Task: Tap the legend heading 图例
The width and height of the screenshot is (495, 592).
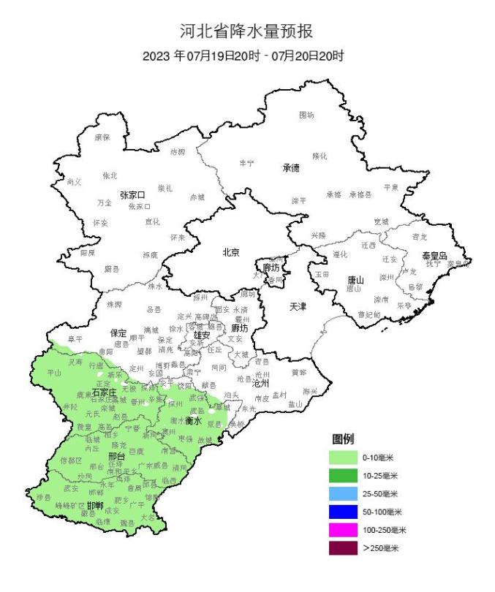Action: [343, 439]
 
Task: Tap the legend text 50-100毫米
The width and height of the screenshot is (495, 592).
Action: [382, 512]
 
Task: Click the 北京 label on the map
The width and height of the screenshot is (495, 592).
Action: [231, 253]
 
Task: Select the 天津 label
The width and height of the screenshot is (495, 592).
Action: [298, 306]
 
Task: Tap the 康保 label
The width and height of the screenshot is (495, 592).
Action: [102, 137]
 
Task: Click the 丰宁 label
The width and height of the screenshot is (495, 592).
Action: [246, 163]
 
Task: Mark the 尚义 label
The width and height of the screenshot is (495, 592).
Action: [74, 181]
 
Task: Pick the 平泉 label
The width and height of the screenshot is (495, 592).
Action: [391, 187]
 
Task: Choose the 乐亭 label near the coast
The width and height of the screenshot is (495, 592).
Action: [404, 306]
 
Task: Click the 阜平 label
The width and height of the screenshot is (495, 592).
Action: [75, 339]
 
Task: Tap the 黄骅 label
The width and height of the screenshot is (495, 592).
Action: [298, 372]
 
